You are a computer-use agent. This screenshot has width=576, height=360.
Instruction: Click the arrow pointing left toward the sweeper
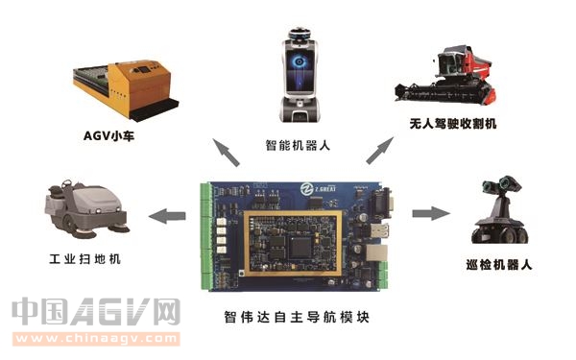171,214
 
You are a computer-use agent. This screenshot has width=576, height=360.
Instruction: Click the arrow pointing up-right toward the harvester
379,149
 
